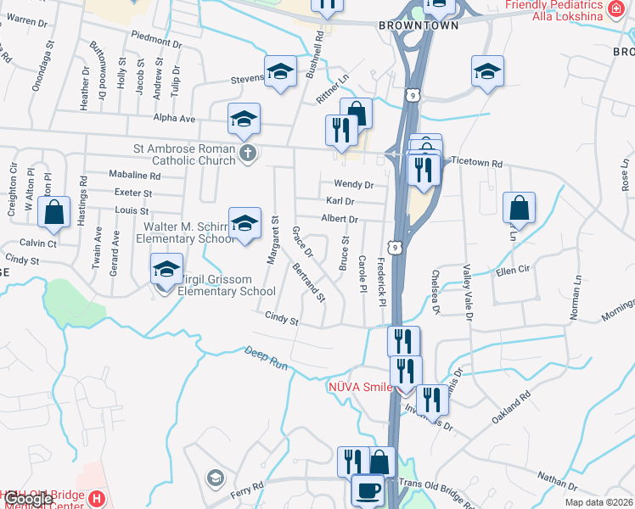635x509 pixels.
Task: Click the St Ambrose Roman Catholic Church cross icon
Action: point(248,154)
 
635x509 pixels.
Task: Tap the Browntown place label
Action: point(419,25)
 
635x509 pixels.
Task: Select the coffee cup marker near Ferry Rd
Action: point(368,490)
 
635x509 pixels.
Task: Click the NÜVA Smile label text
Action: point(361,388)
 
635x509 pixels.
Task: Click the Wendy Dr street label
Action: point(354,184)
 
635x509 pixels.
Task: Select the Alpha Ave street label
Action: point(174,119)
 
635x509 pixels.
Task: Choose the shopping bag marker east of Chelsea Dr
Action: point(519,209)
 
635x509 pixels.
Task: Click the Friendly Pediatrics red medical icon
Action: point(617,9)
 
